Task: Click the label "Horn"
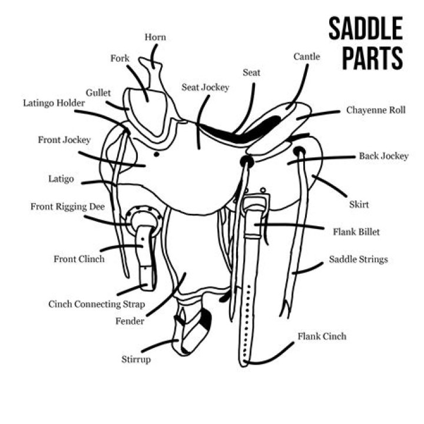point(155,38)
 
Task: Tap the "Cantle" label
point(307,57)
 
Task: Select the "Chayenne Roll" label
point(376,110)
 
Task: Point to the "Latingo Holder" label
point(54,103)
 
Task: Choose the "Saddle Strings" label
point(358,259)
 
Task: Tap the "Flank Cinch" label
point(322,336)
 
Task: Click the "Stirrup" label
point(135,359)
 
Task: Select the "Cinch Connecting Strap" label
point(97,304)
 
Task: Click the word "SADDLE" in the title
point(365,29)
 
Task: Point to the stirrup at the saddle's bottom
point(191,333)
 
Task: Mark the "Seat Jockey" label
point(205,87)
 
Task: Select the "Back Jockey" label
point(383,156)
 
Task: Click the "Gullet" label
point(98,93)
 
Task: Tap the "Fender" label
point(129,321)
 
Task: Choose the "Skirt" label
point(359,204)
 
